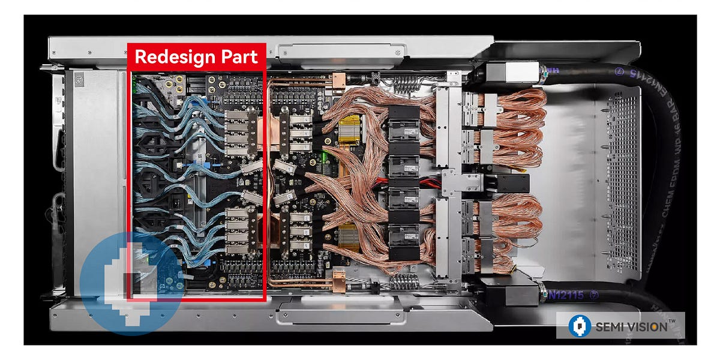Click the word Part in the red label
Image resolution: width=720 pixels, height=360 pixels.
(239, 57)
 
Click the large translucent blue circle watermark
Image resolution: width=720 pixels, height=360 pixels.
(129, 282)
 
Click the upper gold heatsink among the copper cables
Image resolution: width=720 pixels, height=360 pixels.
(349, 129)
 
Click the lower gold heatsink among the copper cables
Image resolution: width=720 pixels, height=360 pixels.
(349, 236)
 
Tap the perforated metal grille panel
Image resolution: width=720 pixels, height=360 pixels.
(622, 180)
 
